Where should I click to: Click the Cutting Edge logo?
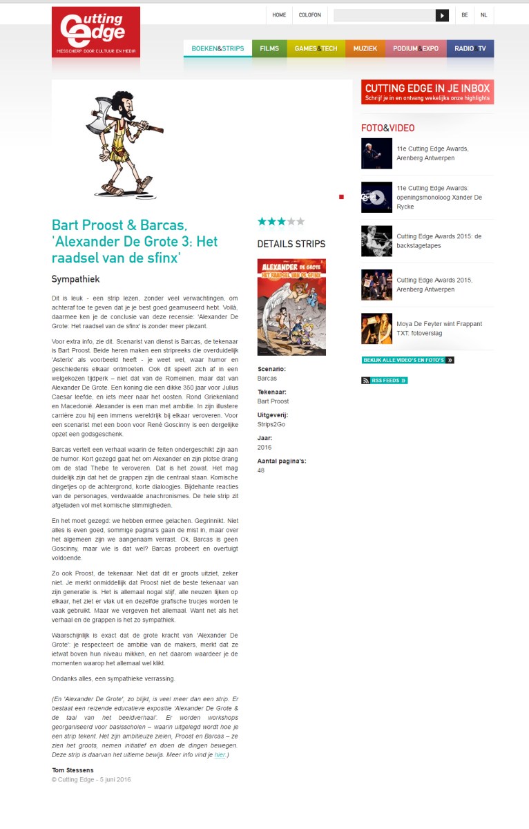tap(95, 32)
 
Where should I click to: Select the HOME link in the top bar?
tap(279, 15)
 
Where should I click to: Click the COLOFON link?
tap(309, 15)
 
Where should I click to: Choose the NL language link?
tap(484, 15)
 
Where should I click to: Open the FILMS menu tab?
tap(269, 48)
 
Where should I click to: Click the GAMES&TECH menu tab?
tap(316, 48)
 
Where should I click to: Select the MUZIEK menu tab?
tap(365, 48)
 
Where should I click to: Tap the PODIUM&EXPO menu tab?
tap(416, 48)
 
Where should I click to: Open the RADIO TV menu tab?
tap(470, 48)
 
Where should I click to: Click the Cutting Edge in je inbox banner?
tap(427, 92)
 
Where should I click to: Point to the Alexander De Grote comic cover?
tap(291, 307)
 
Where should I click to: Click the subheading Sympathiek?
tap(76, 279)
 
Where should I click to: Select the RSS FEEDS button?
tap(385, 381)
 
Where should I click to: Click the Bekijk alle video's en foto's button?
tap(407, 360)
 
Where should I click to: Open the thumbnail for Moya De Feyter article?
tap(376, 329)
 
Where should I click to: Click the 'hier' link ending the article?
tap(219, 755)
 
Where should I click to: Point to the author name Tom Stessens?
tap(73, 770)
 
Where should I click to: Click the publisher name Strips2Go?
tap(271, 424)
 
